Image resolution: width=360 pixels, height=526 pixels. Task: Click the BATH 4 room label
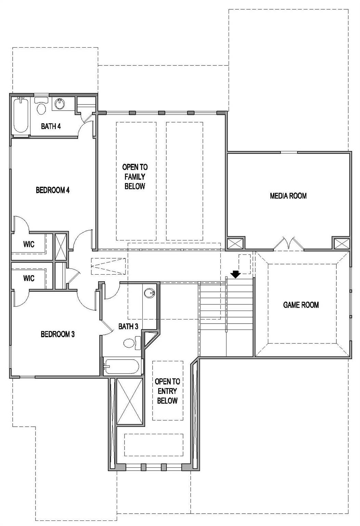tap(51, 126)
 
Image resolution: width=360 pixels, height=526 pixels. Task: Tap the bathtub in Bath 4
tap(21, 116)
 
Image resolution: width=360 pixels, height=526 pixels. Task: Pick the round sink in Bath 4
tap(60, 103)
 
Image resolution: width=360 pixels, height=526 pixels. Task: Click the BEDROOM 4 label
tap(53, 190)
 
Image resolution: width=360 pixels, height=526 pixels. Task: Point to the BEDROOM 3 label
tap(57, 334)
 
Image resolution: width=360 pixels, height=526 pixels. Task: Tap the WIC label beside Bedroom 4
tap(29, 245)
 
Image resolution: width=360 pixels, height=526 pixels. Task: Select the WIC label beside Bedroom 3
tap(29, 278)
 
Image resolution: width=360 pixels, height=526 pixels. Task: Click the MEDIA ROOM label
tap(288, 196)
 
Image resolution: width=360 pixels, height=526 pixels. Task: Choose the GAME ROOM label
tap(301, 305)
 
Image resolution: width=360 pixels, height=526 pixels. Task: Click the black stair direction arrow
tap(235, 274)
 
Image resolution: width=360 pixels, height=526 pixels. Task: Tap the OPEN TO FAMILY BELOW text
tap(135, 177)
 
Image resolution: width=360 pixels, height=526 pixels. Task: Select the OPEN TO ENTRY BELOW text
tap(167, 391)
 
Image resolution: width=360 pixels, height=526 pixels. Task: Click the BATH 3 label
tap(128, 326)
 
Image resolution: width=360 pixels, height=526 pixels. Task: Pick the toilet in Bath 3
tap(131, 343)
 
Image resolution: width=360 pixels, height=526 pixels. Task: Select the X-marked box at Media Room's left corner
tap(235, 243)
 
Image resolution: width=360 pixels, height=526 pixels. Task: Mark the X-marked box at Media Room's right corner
tap(342, 243)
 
